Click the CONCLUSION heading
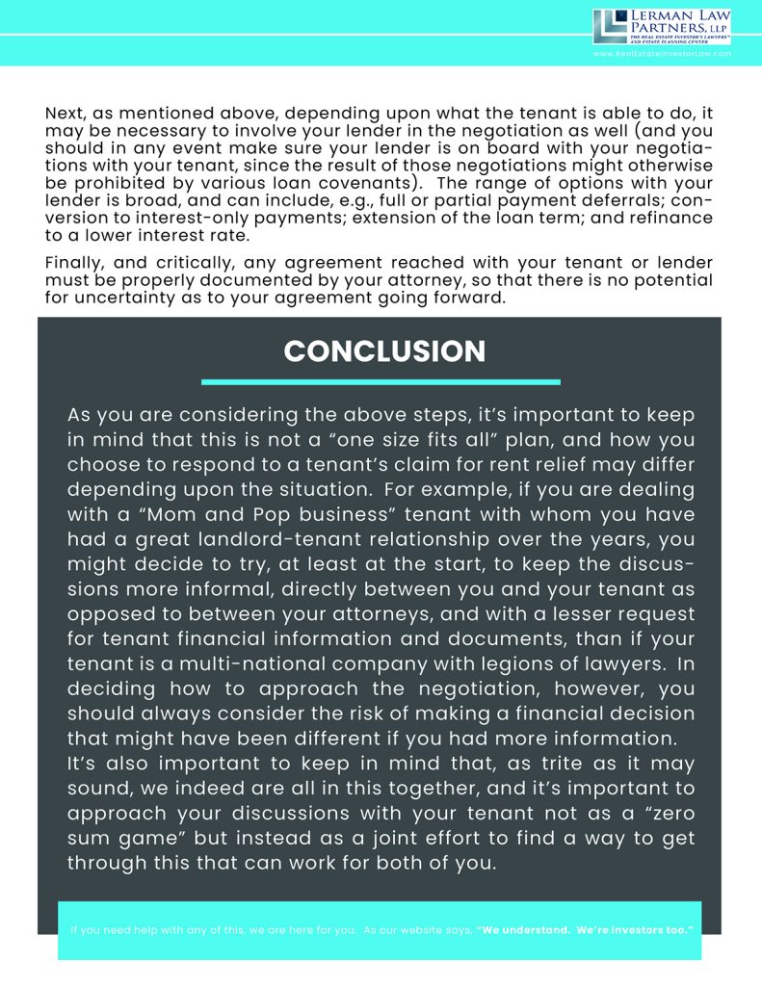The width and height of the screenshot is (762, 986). click(x=384, y=350)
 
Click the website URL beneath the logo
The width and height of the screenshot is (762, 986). click(x=662, y=54)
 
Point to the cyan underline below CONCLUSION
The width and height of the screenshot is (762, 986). click(x=381, y=382)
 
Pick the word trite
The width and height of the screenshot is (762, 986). click(x=523, y=764)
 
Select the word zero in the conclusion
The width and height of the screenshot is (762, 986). click(x=664, y=814)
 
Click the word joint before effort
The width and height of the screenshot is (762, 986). click(x=434, y=839)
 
